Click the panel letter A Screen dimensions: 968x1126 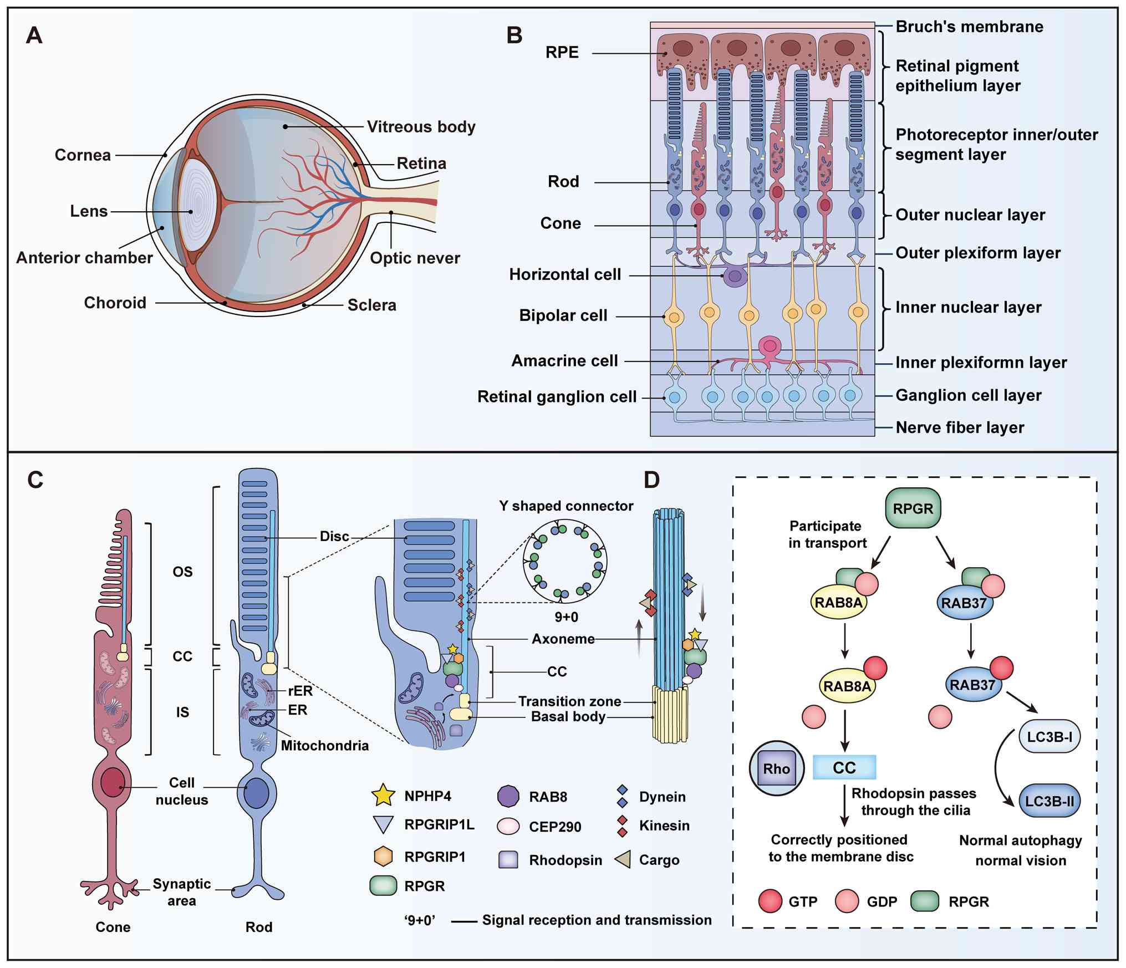click(x=34, y=35)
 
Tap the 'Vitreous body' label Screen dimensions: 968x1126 click(x=421, y=127)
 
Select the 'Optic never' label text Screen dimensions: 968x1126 click(x=415, y=258)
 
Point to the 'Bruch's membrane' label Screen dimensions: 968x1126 click(x=969, y=27)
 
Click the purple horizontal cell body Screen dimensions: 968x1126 click(x=735, y=276)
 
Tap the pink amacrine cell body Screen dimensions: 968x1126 click(x=770, y=346)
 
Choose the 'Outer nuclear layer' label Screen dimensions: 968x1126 click(x=970, y=215)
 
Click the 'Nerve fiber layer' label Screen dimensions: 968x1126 click(x=960, y=427)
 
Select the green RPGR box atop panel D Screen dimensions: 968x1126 click(x=913, y=508)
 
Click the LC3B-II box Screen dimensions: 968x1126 click(x=1049, y=801)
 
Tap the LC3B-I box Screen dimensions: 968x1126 click(x=1049, y=737)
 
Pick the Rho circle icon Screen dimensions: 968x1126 click(x=776, y=768)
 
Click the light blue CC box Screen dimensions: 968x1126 click(x=844, y=767)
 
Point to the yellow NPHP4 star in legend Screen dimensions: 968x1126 click(x=383, y=796)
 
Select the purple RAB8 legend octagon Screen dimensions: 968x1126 click(x=508, y=796)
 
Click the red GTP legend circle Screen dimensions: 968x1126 click(x=771, y=901)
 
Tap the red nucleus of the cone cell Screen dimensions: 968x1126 click(x=113, y=782)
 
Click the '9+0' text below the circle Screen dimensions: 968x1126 click(x=566, y=617)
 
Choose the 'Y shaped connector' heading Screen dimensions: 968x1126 click(x=566, y=506)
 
